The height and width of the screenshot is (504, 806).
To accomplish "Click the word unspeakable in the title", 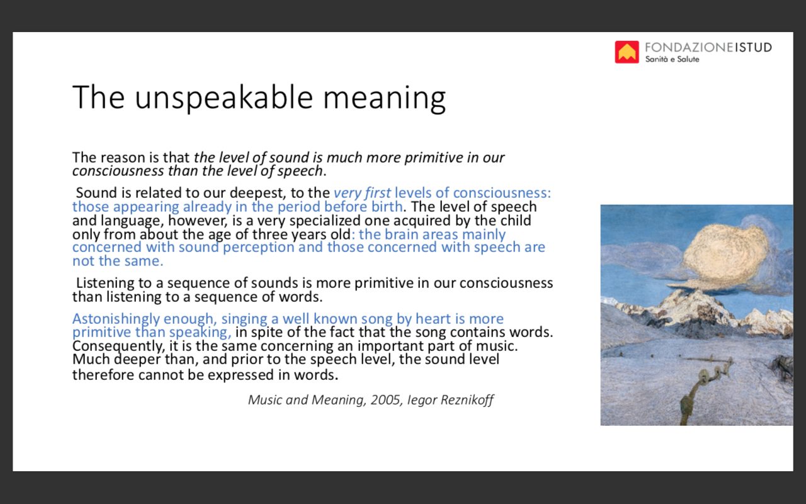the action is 224,97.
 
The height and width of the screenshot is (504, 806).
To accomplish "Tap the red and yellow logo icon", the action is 627,52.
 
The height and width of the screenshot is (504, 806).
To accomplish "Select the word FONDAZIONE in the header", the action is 689,47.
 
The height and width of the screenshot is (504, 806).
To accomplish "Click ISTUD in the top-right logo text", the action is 753,47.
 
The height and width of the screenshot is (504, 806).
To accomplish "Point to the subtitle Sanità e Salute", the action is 672,59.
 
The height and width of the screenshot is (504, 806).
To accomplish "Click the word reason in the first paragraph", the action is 122,157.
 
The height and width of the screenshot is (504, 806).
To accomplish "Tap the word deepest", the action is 258,193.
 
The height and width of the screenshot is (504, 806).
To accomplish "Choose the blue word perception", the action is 258,248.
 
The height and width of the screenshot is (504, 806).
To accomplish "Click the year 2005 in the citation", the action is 386,400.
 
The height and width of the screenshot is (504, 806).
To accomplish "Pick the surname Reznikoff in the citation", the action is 467,400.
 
